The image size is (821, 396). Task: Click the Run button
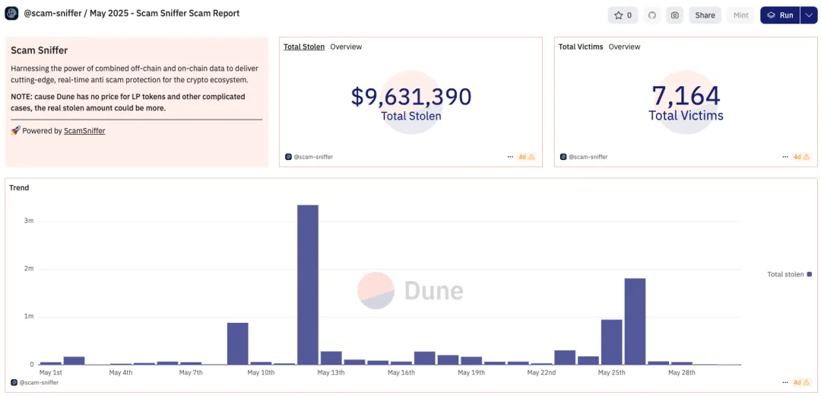pos(780,15)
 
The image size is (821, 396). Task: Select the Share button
pos(705,15)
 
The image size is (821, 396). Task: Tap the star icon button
pos(623,15)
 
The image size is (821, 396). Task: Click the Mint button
pos(740,15)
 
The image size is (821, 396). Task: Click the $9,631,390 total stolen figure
pos(411,97)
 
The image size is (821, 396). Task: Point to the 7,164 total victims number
pos(686,96)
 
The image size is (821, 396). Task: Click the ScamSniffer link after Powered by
pos(84,131)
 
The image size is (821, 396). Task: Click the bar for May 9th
pos(238,343)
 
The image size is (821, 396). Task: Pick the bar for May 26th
pos(635,321)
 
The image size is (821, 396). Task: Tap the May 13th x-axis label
pos(331,372)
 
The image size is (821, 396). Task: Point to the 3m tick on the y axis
pos(29,221)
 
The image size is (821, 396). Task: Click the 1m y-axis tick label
pos(29,316)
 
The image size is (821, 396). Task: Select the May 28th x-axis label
pos(681,372)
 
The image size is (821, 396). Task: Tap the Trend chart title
pos(19,188)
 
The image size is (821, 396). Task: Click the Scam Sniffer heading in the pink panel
pos(39,50)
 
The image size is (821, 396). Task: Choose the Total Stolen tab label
pos(304,47)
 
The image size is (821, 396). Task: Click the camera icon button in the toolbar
pos(674,15)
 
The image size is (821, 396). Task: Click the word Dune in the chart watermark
pos(433,290)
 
